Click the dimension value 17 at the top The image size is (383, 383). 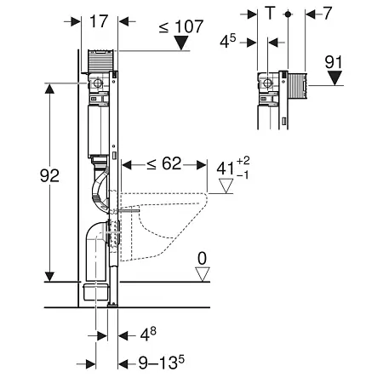(x=99, y=21)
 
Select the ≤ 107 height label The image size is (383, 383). (x=181, y=26)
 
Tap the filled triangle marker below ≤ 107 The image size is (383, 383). (x=181, y=43)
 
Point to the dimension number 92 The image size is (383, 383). (x=49, y=175)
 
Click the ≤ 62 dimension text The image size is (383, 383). (x=164, y=163)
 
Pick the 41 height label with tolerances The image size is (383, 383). (x=232, y=169)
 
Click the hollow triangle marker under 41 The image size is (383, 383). (x=226, y=186)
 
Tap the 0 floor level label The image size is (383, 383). (x=202, y=259)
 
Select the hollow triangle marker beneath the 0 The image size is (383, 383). (x=203, y=274)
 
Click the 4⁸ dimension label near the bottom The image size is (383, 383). (x=148, y=334)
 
